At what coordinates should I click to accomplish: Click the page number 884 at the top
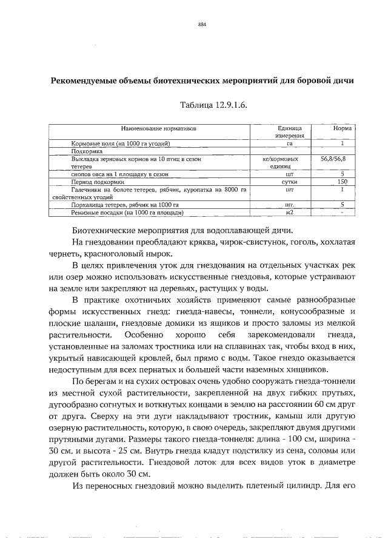point(202,25)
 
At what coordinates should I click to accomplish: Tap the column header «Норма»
point(343,129)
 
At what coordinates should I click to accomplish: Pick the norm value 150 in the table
point(343,182)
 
